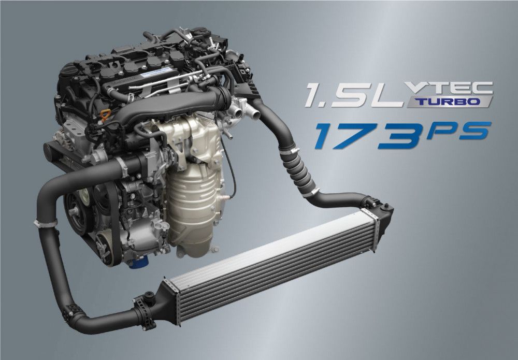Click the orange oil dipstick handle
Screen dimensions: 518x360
tap(105, 116)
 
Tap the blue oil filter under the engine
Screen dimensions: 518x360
tap(139, 263)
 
